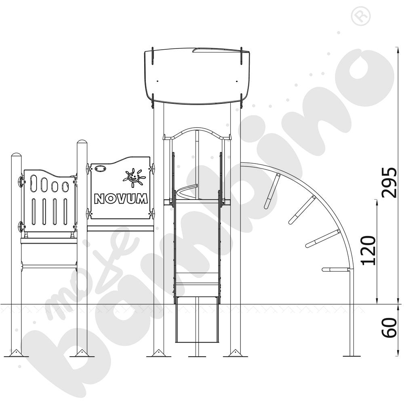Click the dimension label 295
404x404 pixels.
[389, 183]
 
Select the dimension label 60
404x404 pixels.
[389, 328]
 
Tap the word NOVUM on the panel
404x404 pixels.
[121, 199]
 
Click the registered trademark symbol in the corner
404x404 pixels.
[361, 16]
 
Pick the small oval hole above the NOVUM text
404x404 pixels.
[100, 168]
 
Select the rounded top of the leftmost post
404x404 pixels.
[16, 156]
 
